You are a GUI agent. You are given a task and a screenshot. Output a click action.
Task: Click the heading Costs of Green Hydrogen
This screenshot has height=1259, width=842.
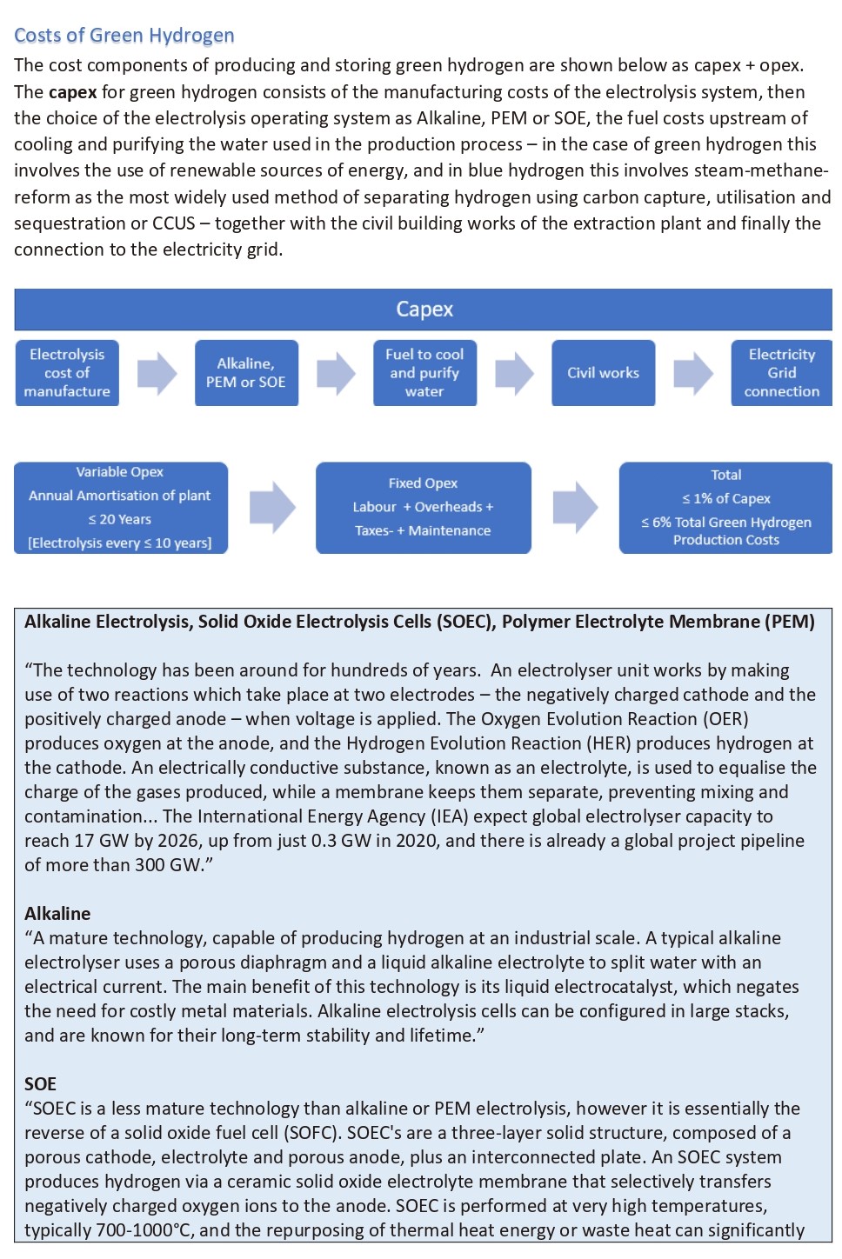(x=124, y=36)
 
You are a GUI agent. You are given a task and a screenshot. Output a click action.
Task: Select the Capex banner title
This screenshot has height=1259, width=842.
(x=424, y=310)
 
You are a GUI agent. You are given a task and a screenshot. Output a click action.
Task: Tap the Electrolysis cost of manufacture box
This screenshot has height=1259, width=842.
(x=67, y=373)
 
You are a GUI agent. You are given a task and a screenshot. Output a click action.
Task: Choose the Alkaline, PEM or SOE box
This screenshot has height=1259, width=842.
(x=246, y=373)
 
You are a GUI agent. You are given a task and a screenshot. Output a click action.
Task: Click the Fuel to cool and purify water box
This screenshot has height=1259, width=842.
(x=424, y=373)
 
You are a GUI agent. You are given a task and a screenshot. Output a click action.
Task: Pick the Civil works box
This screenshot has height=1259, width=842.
(x=603, y=373)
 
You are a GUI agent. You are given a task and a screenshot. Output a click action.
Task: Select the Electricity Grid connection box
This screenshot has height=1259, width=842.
(x=781, y=373)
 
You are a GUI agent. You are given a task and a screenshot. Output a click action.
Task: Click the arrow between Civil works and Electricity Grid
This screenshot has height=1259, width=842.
(x=693, y=373)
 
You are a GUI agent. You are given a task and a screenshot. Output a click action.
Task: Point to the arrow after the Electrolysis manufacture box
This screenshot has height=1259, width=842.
(x=157, y=373)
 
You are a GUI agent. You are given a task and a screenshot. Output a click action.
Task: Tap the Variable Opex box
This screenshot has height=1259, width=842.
(x=120, y=508)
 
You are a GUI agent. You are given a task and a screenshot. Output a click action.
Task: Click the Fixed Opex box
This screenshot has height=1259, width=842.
(x=423, y=508)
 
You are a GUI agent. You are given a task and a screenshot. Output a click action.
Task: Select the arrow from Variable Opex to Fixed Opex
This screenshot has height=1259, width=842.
(x=272, y=507)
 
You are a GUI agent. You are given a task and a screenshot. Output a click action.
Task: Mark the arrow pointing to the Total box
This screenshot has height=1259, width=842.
(x=575, y=507)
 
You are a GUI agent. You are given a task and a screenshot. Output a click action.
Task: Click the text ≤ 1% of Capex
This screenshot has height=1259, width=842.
(x=726, y=499)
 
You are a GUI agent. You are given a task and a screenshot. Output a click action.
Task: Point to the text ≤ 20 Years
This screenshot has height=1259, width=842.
(x=120, y=519)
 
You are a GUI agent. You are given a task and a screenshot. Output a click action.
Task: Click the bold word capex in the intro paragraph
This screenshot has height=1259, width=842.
(x=72, y=92)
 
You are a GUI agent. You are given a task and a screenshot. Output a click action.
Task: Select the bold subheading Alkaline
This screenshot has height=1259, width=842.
(x=57, y=914)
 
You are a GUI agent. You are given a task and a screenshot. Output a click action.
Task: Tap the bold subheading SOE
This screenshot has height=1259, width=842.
(x=40, y=1084)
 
